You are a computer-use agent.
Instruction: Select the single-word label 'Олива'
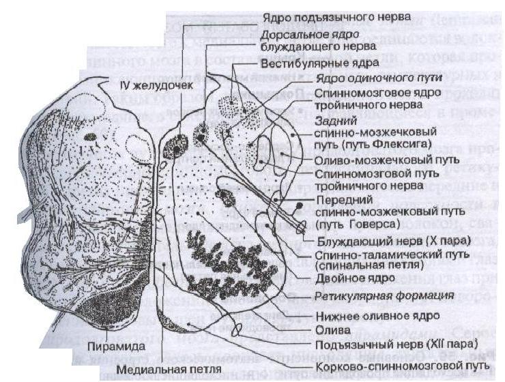click(x=332, y=328)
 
